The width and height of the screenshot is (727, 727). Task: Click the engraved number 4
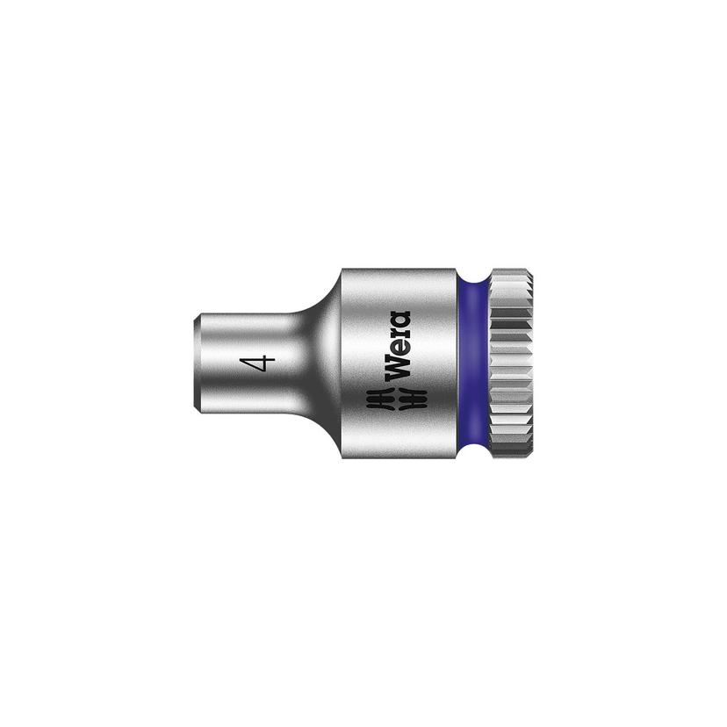click(256, 362)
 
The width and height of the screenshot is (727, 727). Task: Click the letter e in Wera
click(400, 347)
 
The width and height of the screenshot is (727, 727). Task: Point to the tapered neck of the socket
click(312, 363)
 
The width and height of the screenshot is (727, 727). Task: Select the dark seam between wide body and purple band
click(457, 363)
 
